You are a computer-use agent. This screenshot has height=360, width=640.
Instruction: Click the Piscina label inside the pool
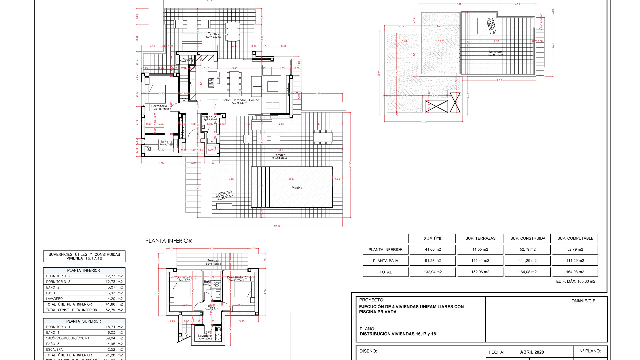[x=297, y=188]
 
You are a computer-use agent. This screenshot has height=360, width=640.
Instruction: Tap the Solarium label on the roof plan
[x=495, y=52]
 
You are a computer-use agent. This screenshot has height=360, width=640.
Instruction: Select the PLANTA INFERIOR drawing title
[x=168, y=241]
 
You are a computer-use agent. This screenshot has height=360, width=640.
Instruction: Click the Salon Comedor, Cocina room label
[x=241, y=100]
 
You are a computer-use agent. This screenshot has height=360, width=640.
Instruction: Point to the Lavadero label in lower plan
[x=205, y=336]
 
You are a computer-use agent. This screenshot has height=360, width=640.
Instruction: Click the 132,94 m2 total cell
[x=433, y=272]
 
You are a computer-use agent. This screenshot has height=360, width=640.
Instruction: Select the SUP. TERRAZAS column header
[x=480, y=238]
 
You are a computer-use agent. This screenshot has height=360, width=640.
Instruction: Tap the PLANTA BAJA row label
[x=385, y=261]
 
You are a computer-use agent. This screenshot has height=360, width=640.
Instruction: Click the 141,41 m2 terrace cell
[x=480, y=261]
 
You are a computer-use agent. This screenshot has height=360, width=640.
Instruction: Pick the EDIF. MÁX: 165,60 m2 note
[x=575, y=281]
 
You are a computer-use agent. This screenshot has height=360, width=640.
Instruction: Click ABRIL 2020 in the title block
[x=532, y=352]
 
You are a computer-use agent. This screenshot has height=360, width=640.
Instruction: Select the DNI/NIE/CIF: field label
[x=584, y=301]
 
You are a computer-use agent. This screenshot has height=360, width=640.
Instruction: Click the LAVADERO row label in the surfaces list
[x=54, y=299]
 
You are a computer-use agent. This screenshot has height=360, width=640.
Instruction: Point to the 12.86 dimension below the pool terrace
[x=277, y=226]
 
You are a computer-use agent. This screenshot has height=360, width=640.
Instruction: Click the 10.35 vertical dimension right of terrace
[x=350, y=165]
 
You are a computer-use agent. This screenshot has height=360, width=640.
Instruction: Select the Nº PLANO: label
[x=590, y=351]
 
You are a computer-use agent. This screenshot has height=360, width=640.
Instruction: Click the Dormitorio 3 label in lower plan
[x=186, y=277]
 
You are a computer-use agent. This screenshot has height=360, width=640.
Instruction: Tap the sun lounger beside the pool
[x=224, y=195]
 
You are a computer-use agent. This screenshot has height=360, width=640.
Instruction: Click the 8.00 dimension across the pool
[x=292, y=179]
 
